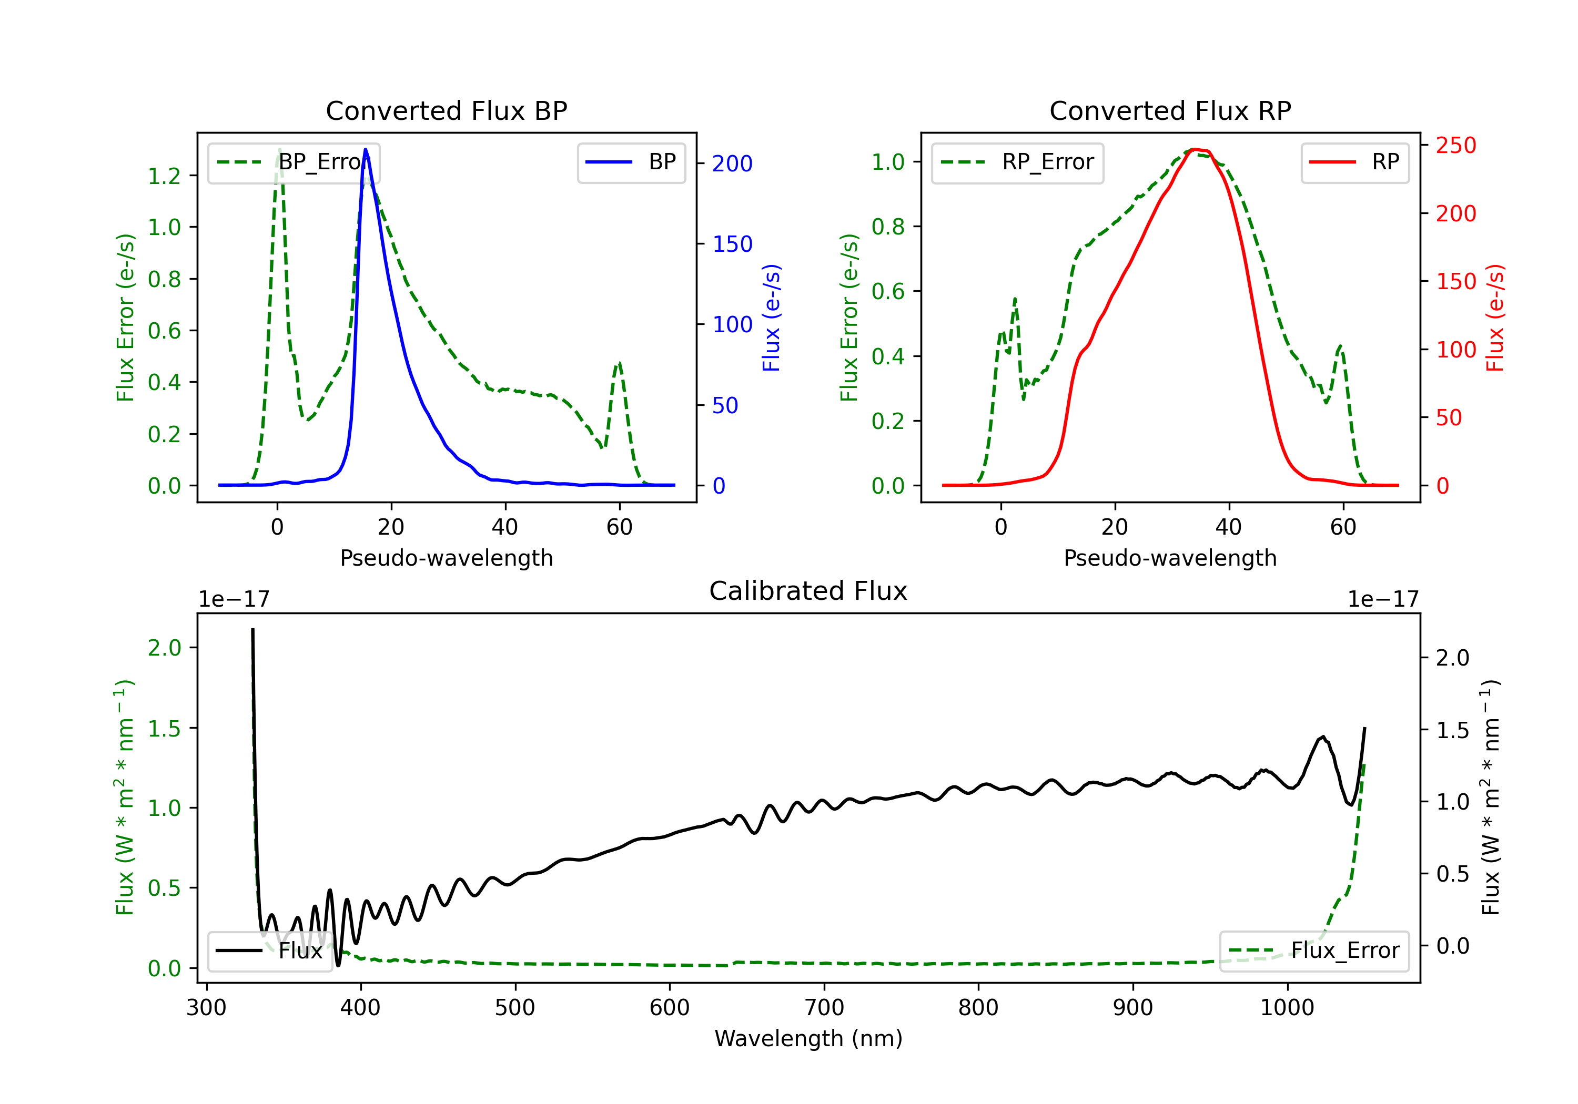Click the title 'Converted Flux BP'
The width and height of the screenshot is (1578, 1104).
pyautogui.click(x=446, y=110)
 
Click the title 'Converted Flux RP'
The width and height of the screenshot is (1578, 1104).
pyautogui.click(x=1170, y=110)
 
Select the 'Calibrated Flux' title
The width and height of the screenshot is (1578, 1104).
pyautogui.click(x=808, y=591)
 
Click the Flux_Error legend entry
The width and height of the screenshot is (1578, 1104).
pyautogui.click(x=1314, y=951)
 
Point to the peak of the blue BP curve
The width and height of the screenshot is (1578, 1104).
pyautogui.click(x=366, y=149)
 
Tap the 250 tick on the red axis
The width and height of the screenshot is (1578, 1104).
pyautogui.click(x=1455, y=146)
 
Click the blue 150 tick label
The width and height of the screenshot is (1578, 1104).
pyautogui.click(x=733, y=244)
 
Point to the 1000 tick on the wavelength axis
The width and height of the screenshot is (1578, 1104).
pyautogui.click(x=1287, y=1008)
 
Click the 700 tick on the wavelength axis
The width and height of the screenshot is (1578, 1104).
pyautogui.click(x=824, y=1008)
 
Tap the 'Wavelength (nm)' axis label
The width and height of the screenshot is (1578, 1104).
pyautogui.click(x=808, y=1038)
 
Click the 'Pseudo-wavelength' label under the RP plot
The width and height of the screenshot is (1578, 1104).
pyautogui.click(x=1170, y=558)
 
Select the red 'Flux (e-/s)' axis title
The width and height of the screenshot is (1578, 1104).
pyautogui.click(x=1495, y=318)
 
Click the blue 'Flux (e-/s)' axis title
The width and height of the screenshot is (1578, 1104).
pyautogui.click(x=771, y=318)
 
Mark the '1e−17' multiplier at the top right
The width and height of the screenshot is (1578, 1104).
pyautogui.click(x=1383, y=599)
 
